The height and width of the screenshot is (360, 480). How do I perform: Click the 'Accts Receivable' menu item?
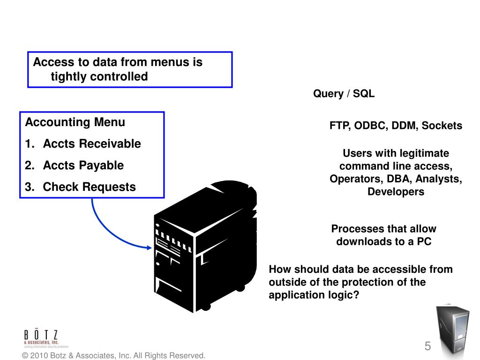(x=92, y=144)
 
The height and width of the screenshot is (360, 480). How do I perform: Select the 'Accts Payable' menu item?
(x=83, y=165)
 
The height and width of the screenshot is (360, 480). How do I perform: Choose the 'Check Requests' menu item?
(x=89, y=187)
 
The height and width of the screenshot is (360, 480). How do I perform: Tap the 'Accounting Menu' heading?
(x=75, y=122)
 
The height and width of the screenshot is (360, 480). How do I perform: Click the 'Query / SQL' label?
(x=344, y=94)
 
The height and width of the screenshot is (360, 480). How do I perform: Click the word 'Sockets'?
(x=442, y=126)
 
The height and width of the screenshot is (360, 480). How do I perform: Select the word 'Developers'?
(x=396, y=192)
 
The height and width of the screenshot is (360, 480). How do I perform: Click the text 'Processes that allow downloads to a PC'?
(x=383, y=235)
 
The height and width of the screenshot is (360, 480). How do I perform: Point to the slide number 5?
(x=427, y=347)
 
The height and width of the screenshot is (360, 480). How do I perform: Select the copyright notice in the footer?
(x=114, y=356)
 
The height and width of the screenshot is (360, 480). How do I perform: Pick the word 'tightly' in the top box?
(x=68, y=76)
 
